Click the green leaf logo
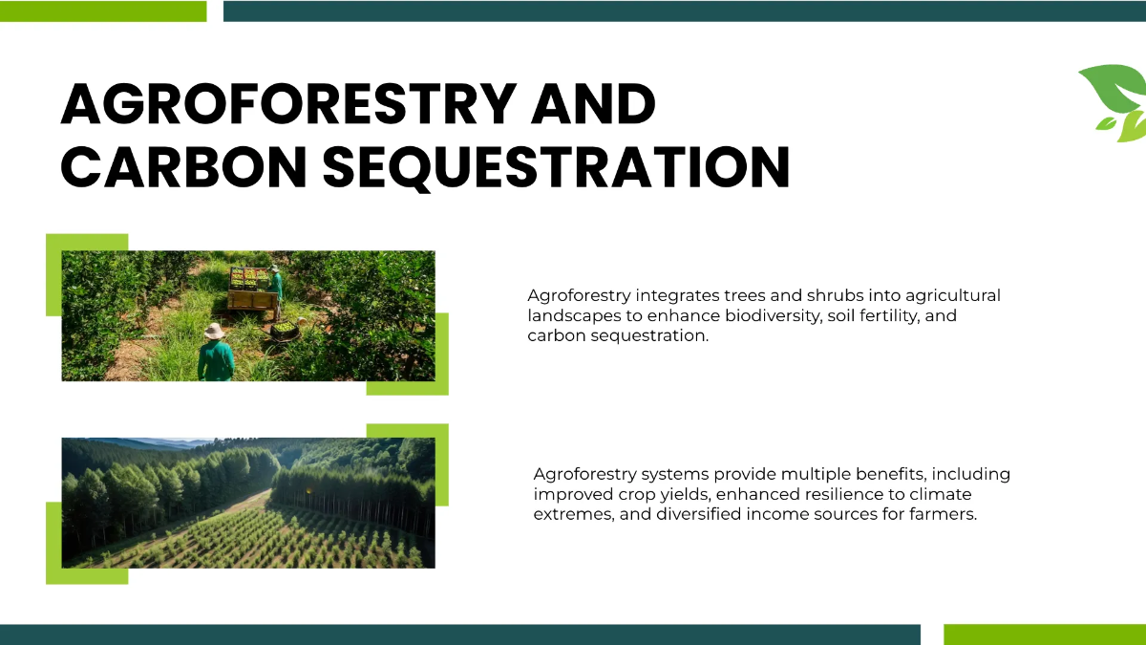1114,100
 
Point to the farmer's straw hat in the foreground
215,331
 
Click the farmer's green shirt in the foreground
216,361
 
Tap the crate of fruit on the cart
250,278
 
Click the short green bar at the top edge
103,11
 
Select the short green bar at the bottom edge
1044,634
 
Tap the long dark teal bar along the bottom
458,634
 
